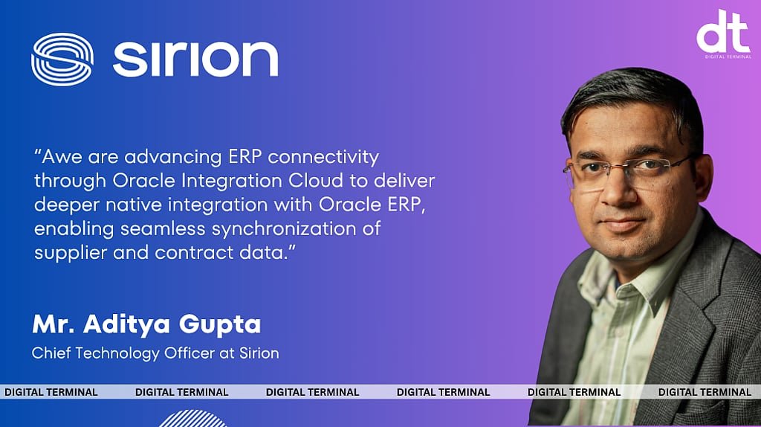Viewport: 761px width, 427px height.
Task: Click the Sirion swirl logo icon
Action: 62,60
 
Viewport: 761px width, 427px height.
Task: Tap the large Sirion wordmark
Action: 195,59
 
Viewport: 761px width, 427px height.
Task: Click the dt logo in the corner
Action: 722,33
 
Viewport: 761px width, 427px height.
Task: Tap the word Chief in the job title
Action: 52,353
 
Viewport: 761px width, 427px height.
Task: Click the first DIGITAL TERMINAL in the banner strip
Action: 51,392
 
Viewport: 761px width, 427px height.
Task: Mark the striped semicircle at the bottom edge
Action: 192,419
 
